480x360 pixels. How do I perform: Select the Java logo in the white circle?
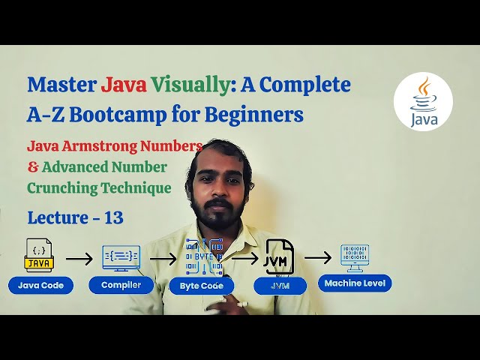(423, 101)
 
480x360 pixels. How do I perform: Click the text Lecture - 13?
(75, 218)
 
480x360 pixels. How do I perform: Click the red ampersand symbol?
(32, 166)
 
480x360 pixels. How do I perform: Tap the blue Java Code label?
(40, 285)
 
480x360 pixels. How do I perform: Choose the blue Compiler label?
(121, 285)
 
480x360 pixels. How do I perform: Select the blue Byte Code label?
(202, 286)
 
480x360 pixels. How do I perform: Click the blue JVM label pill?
(280, 285)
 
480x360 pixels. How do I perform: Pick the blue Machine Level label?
(355, 283)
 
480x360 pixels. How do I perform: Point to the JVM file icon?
(280, 256)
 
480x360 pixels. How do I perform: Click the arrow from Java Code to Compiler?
(79, 259)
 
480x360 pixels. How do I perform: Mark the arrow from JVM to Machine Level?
(317, 258)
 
